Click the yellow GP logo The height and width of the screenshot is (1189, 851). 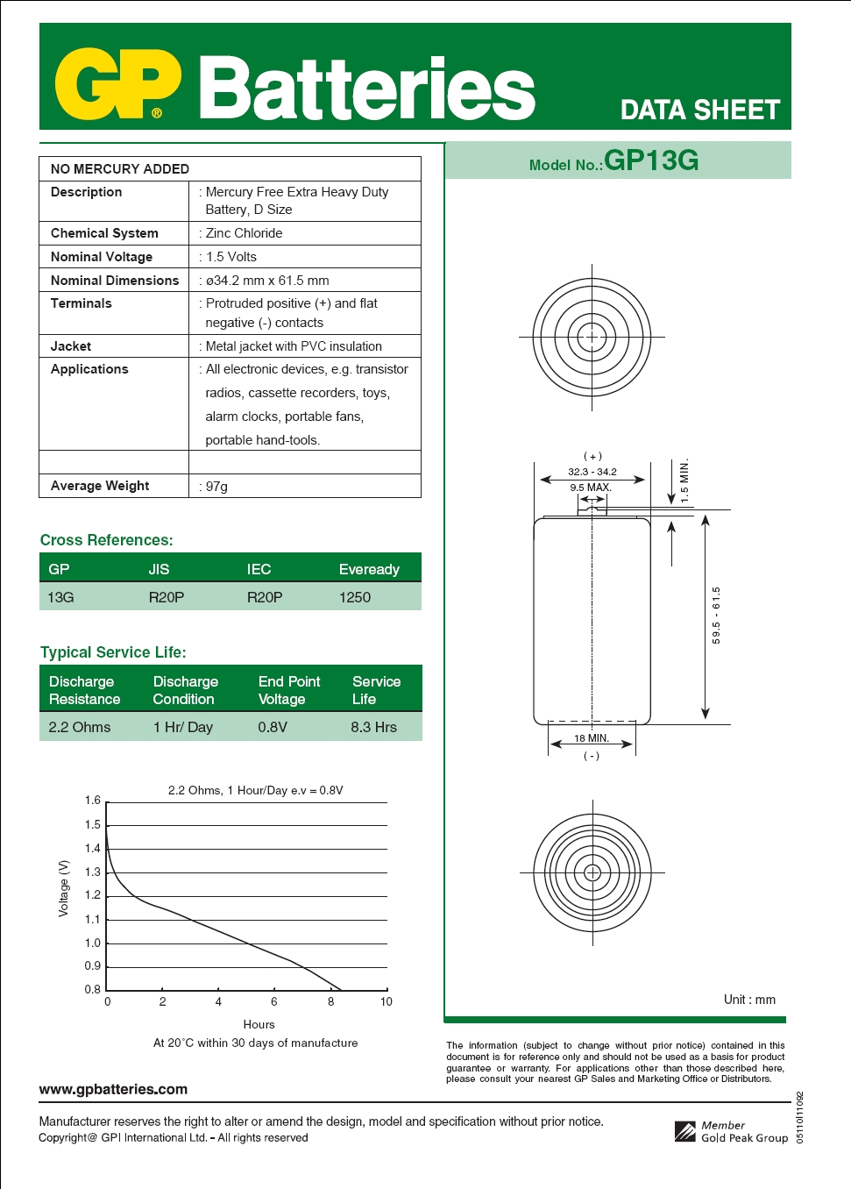117,84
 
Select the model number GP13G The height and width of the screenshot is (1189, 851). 650,160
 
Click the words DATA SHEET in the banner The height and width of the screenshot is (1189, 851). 699,110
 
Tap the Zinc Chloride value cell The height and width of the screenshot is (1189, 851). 244,233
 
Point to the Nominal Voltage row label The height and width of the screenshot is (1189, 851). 102,257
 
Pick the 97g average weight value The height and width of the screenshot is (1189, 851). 216,487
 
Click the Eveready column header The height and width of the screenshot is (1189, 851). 369,569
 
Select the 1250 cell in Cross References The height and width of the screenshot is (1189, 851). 355,597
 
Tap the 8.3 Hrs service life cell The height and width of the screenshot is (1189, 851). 373,727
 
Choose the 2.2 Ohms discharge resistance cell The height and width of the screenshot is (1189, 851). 80,727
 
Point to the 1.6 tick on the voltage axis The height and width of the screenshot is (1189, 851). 93,801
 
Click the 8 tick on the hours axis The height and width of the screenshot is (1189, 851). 331,1001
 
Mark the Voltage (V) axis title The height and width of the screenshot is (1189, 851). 63,888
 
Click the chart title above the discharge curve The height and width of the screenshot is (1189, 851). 255,790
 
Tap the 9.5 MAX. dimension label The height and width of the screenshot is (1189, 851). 591,488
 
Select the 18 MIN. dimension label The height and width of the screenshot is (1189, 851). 592,738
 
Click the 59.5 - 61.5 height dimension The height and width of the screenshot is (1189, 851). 716,616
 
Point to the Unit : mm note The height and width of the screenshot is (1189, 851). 749,1000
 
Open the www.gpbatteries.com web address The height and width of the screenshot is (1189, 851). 113,1089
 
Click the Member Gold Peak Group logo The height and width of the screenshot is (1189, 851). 732,1131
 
